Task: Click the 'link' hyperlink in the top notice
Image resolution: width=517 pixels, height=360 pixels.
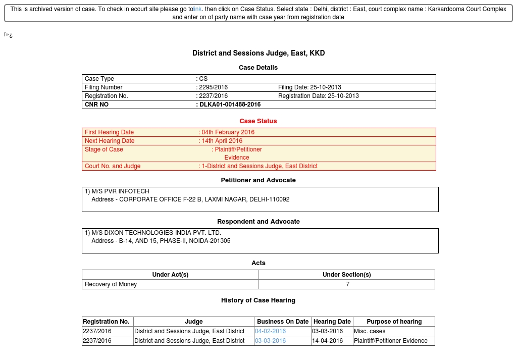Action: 197,9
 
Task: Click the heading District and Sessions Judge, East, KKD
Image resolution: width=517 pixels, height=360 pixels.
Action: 258,53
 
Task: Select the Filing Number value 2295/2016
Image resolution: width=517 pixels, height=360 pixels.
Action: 214,87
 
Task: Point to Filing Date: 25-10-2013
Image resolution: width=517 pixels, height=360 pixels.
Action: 309,87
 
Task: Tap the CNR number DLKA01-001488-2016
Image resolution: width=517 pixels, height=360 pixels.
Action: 230,105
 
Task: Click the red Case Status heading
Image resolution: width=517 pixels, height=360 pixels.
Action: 258,121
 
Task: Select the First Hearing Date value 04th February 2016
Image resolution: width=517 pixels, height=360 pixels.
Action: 228,132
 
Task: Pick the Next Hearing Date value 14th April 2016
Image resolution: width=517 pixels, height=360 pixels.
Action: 222,141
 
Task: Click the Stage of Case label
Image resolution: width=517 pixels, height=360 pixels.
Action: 104,149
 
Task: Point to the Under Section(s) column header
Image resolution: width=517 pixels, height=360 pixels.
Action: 347,275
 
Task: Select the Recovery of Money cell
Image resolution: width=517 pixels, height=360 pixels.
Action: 111,284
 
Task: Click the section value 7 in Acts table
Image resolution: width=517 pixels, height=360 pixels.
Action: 347,284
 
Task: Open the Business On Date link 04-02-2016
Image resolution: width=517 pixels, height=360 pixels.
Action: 270,331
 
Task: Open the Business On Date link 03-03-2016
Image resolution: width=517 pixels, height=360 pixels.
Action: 270,341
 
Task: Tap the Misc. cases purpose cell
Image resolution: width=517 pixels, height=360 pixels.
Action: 370,331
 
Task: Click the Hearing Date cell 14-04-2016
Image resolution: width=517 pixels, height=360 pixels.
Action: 327,341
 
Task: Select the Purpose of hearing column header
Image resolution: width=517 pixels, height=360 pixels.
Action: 394,322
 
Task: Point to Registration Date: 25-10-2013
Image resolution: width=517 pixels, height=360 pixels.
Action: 319,96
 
